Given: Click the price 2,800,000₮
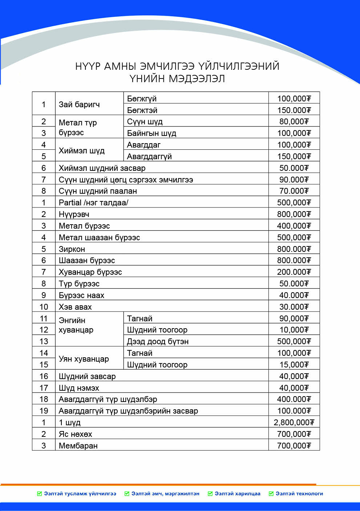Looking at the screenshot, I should tap(294, 422).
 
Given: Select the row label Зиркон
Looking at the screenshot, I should tap(72, 249).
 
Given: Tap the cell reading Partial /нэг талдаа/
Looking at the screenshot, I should tap(93, 203).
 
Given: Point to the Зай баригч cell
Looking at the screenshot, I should tap(79, 105).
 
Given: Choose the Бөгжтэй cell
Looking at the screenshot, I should tap(142, 110).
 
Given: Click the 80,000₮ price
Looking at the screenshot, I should tap(294, 122).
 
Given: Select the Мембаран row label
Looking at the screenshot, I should tap(78, 446).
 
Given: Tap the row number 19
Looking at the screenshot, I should tap(44, 411).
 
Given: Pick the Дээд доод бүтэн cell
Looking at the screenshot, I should tap(158, 342).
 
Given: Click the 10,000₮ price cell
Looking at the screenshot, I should tap(294, 330).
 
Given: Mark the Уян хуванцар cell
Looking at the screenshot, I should tap(84, 359).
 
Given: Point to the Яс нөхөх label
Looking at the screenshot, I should tap(76, 434).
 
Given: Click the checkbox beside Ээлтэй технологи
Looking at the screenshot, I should tap(271, 494).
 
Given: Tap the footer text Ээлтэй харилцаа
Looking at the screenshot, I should tap(238, 494).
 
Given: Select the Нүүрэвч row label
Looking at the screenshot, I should tap(74, 214).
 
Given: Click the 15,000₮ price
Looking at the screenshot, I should tap(294, 365).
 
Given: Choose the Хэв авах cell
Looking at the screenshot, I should tap(75, 307).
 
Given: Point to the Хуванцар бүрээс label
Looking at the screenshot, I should tap(90, 272).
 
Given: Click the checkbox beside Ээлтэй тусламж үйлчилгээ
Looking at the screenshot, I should tap(40, 494).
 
